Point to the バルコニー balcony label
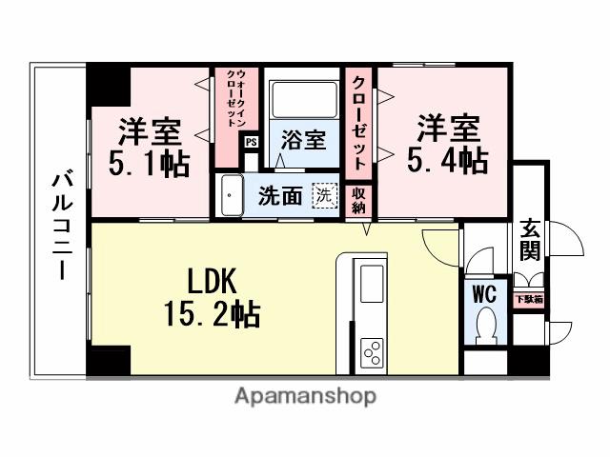click(59, 225)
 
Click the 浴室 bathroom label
click(303, 139)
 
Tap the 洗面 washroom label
click(279, 196)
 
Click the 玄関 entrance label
click(530, 242)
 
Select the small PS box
click(251, 143)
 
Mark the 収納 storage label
click(357, 201)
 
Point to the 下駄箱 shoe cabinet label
click(529, 299)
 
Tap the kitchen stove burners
click(371, 351)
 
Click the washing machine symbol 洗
click(325, 195)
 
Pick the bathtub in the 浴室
click(302, 99)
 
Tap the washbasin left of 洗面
click(232, 197)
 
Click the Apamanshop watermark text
click(305, 395)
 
